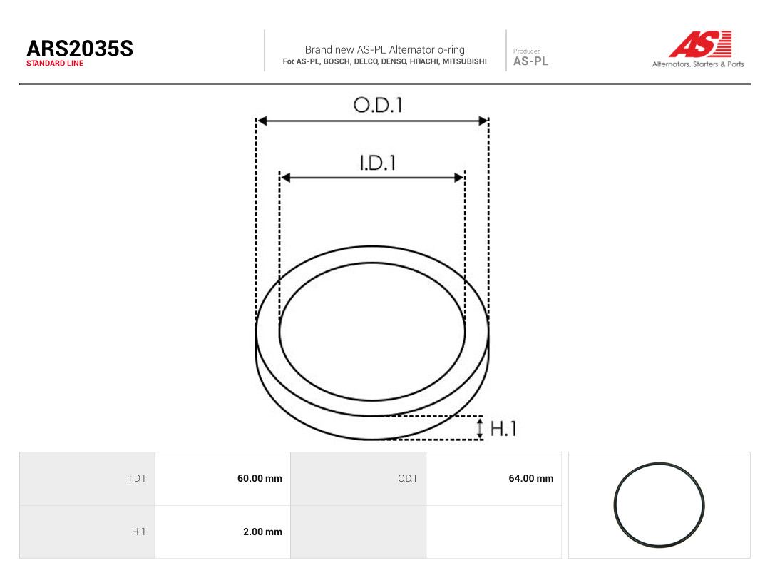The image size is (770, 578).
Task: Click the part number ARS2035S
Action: (x=80, y=49)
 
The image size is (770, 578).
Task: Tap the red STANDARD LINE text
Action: (x=55, y=64)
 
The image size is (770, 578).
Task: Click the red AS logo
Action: (x=700, y=44)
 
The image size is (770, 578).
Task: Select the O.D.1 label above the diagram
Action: (x=378, y=105)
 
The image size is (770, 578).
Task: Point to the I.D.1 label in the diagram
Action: (x=378, y=163)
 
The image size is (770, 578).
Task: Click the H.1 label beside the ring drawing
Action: (x=503, y=429)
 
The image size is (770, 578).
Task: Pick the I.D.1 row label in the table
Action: (x=137, y=478)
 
